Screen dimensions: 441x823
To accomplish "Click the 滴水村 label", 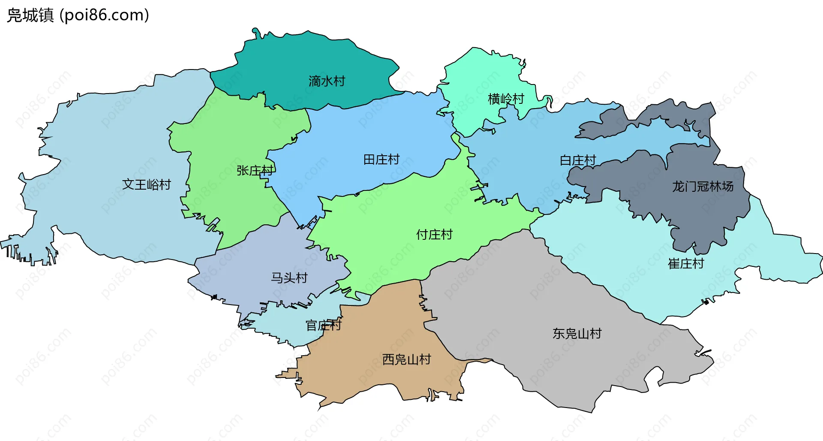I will [327, 81].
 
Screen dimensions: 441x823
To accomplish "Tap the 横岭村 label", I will [506, 99].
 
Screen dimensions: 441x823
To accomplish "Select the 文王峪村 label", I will [147, 184].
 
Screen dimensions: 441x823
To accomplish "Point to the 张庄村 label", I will [255, 171].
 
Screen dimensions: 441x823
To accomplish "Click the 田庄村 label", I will [381, 160].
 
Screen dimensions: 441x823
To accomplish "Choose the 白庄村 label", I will [578, 160].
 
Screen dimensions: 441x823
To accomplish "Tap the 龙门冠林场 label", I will [703, 187].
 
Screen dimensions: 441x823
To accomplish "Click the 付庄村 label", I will [434, 235].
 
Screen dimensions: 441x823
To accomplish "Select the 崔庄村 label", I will [686, 263].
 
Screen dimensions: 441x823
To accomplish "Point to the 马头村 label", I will [289, 278].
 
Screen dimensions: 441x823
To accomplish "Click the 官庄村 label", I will [323, 326].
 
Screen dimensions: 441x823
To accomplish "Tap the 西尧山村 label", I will [406, 359].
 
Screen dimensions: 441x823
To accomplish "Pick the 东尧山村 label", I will [577, 333].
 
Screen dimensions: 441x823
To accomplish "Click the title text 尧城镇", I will [30, 15].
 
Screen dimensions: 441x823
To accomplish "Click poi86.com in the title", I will [104, 15].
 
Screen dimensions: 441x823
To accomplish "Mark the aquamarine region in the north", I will [480, 77].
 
